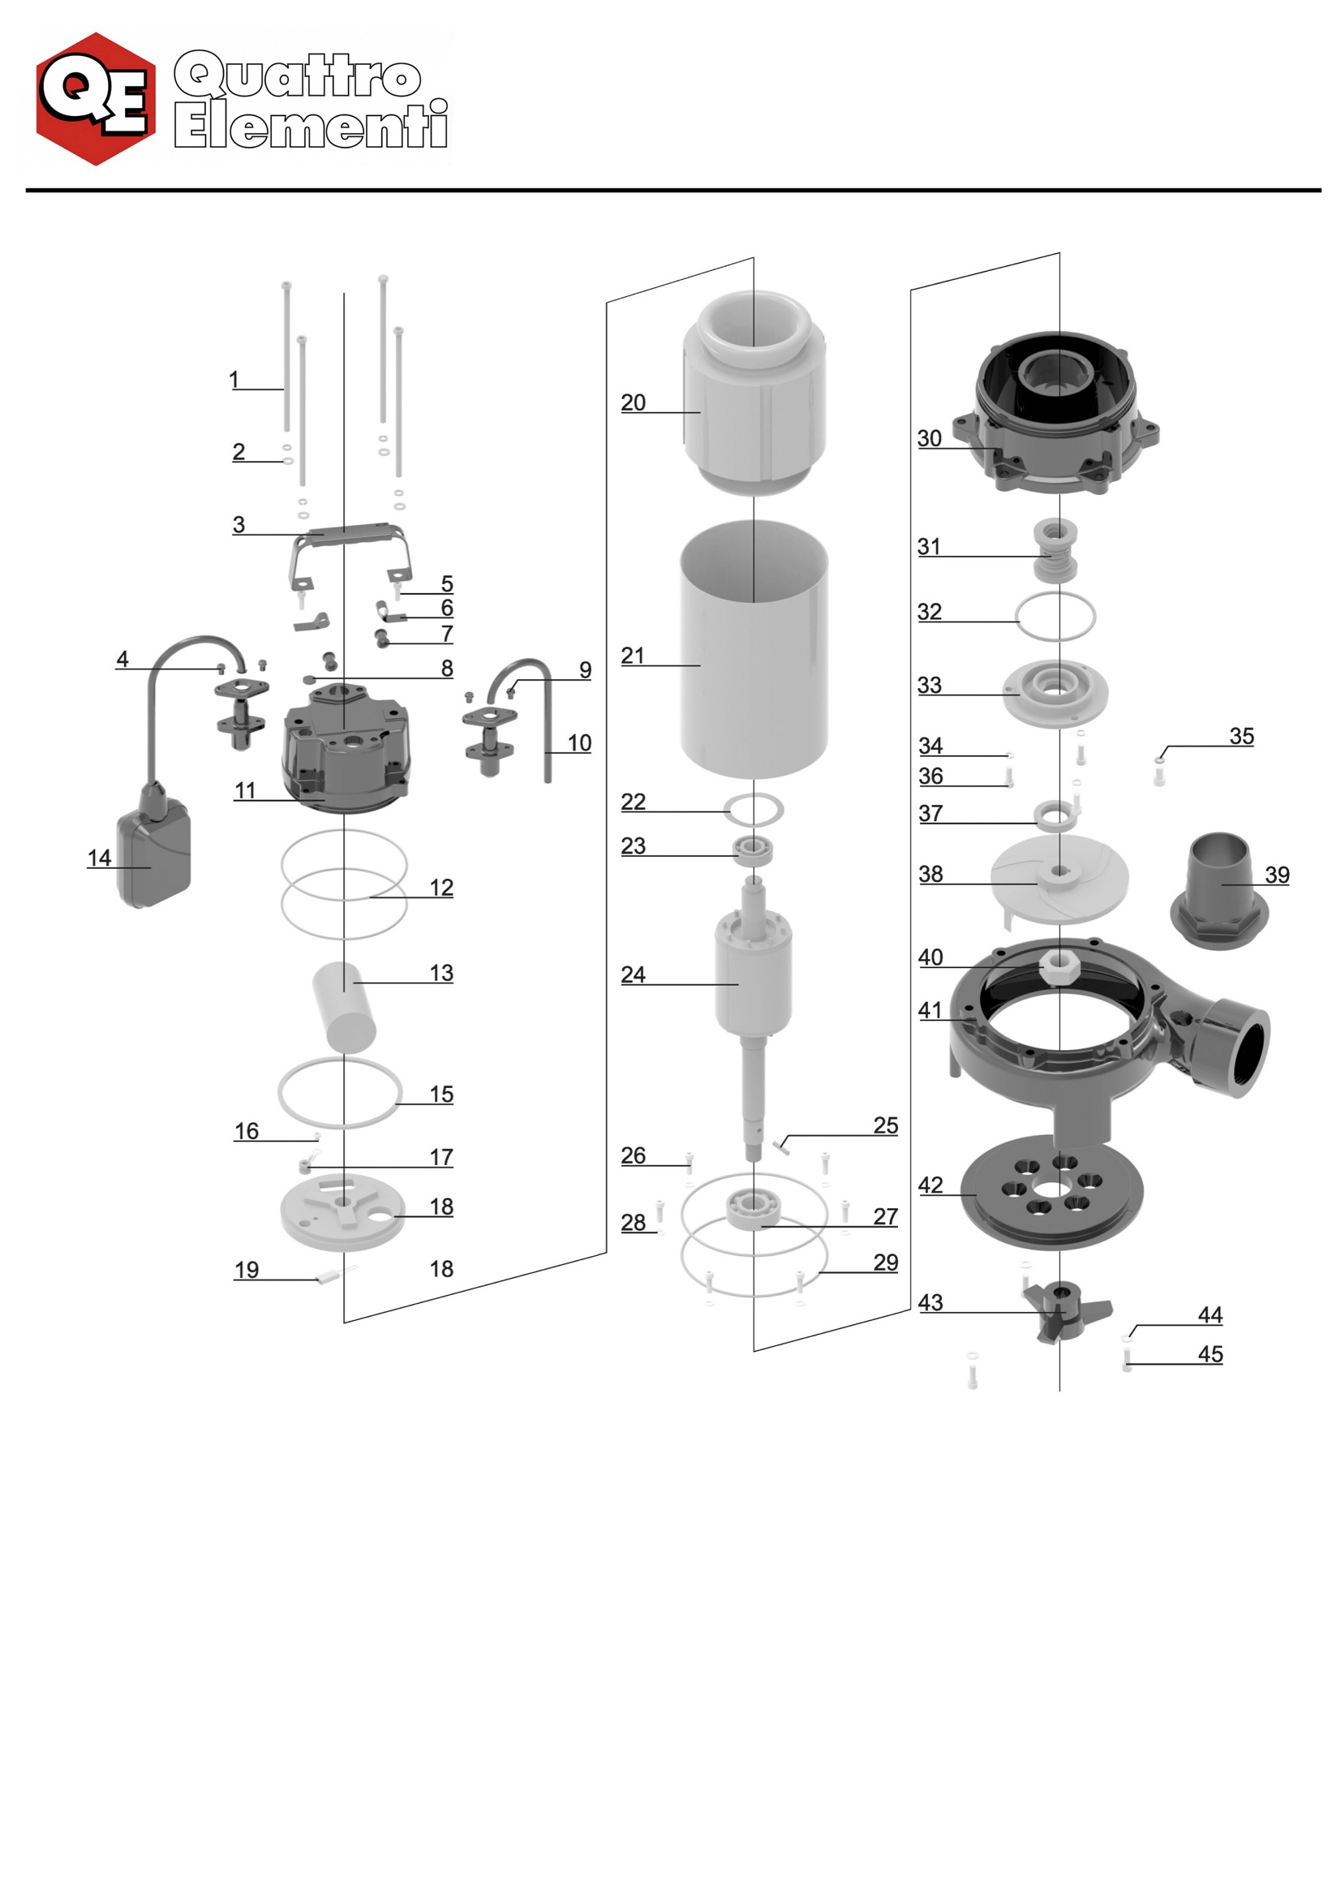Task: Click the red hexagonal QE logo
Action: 96,99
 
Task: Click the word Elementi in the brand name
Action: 312,126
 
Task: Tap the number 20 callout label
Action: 633,402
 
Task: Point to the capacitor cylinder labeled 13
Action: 344,1005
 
